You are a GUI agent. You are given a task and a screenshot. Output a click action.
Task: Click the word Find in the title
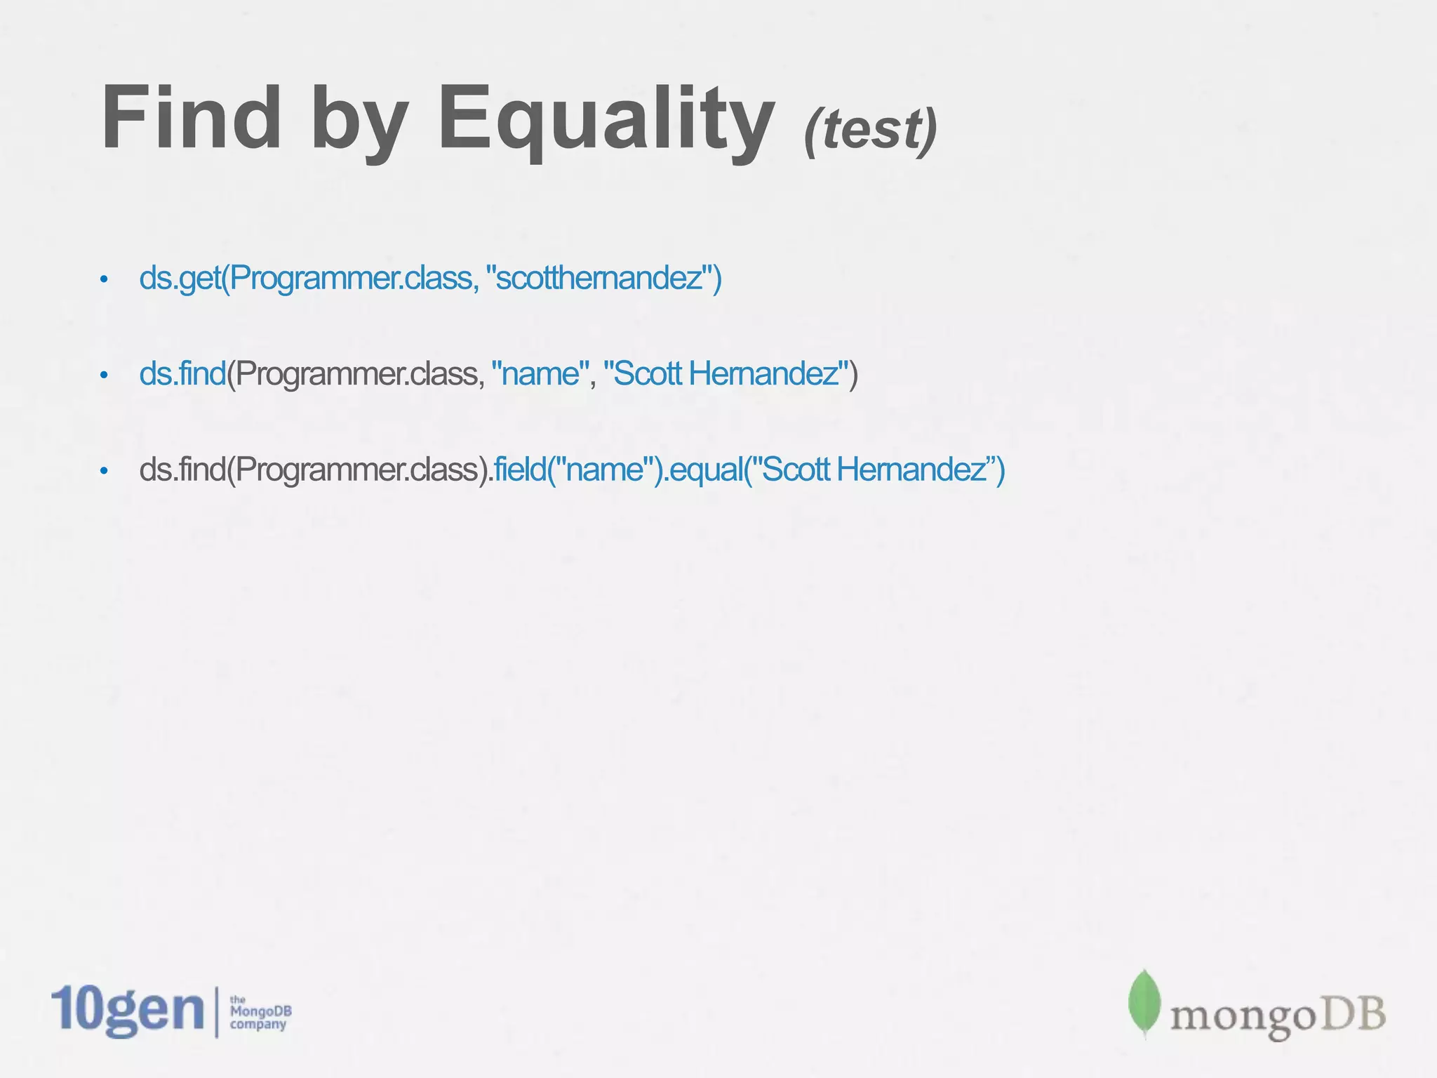point(191,118)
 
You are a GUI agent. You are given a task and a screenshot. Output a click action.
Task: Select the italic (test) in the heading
point(870,131)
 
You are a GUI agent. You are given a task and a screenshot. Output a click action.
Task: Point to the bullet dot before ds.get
point(104,280)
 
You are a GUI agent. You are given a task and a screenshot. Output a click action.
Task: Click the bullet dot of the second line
point(104,375)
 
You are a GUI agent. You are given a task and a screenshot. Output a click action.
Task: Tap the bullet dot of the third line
point(104,471)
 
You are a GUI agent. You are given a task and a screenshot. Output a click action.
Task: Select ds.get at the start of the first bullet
point(180,279)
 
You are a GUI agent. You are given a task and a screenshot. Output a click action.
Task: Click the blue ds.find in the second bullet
point(182,374)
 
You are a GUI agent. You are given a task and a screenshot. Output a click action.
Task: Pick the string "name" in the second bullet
point(540,374)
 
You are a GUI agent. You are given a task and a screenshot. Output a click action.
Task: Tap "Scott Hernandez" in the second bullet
point(726,374)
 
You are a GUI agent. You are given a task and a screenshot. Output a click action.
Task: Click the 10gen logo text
point(127,1011)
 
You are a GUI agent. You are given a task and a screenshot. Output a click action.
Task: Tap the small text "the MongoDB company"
point(260,1013)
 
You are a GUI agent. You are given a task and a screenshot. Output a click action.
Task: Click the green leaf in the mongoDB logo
point(1144,1004)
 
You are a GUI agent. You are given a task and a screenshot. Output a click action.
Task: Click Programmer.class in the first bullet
point(351,279)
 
